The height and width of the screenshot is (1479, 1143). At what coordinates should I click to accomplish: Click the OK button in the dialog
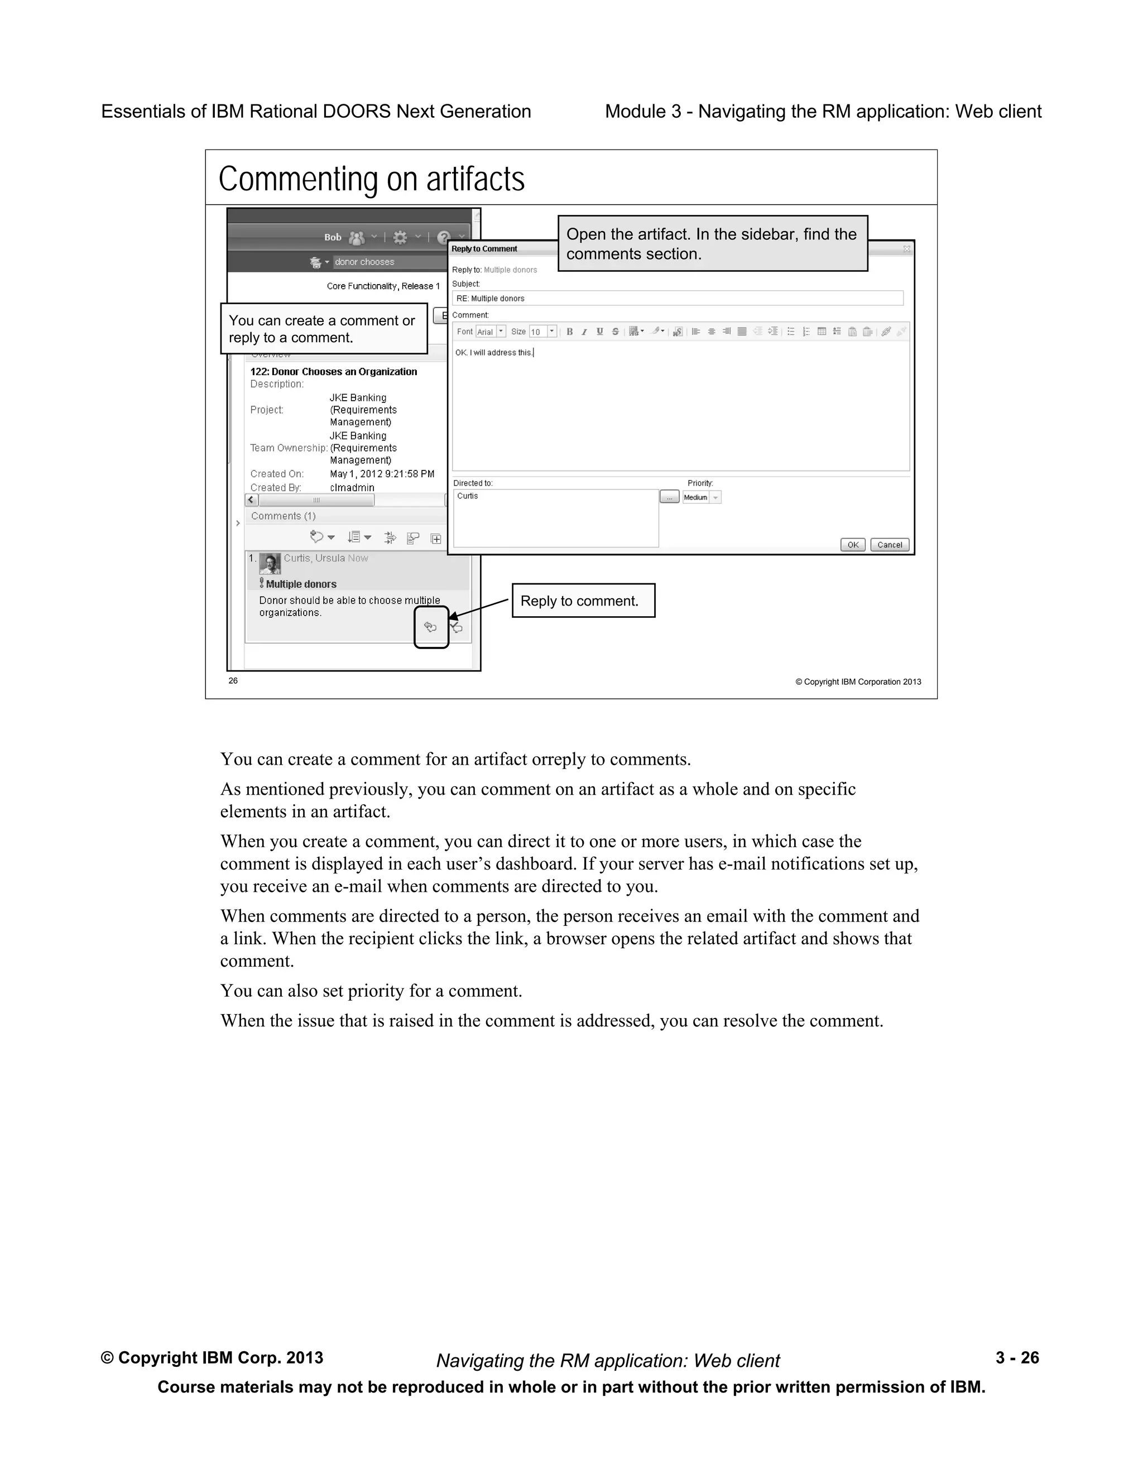point(853,545)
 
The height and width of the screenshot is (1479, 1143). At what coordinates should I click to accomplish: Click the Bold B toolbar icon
point(569,332)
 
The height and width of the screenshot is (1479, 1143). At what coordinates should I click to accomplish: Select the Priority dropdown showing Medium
point(702,497)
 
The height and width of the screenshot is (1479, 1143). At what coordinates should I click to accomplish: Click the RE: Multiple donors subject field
point(677,298)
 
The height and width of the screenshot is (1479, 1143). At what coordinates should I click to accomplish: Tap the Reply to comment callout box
point(583,601)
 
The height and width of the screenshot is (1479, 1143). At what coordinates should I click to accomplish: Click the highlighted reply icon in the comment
point(431,627)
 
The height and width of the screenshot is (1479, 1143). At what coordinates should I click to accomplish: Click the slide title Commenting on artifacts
point(371,180)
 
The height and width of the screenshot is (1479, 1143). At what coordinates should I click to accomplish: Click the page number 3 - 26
point(1016,1358)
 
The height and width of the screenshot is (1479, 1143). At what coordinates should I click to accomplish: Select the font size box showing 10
point(542,332)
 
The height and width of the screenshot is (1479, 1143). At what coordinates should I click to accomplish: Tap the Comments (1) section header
point(283,516)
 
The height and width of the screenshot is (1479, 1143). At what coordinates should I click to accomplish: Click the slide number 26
point(233,680)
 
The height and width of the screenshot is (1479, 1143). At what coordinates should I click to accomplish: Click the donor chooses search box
point(390,262)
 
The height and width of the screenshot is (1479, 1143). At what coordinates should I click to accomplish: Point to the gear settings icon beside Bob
point(400,238)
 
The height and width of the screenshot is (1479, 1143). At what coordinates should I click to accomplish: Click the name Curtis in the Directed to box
point(467,496)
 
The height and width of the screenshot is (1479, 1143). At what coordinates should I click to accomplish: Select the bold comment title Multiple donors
point(301,584)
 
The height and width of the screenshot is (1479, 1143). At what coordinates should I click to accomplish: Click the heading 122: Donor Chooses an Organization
point(333,372)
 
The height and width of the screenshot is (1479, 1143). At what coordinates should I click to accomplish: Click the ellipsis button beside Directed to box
point(669,497)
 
